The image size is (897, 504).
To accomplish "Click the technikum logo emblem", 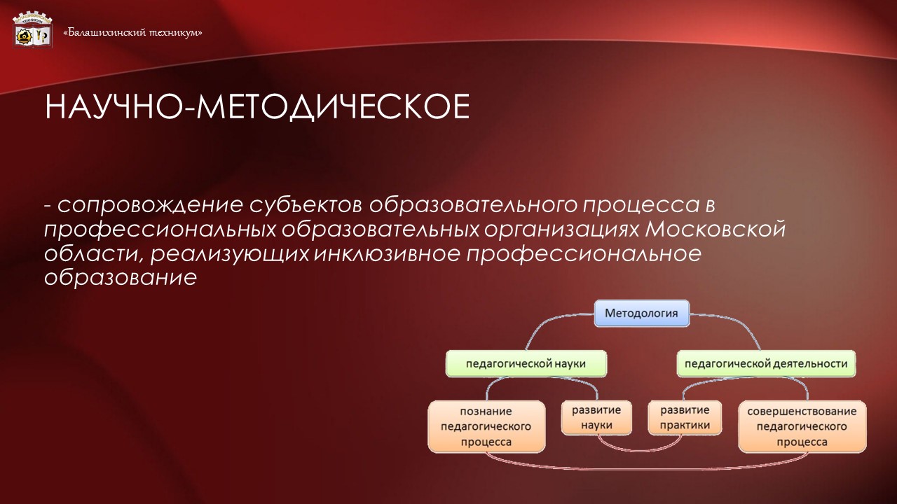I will [x=32, y=29].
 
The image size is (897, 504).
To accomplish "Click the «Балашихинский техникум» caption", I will [x=133, y=32].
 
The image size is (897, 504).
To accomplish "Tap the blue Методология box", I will [x=641, y=313].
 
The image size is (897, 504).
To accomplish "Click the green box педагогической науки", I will [x=526, y=364].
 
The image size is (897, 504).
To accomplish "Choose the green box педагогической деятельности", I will [x=765, y=364].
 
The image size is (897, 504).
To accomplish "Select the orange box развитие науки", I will [x=591, y=417].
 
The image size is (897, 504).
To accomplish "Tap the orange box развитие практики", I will [x=679, y=417].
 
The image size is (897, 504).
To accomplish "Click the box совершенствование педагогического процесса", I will [x=802, y=426].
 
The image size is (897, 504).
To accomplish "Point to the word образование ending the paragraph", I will [x=119, y=277].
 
